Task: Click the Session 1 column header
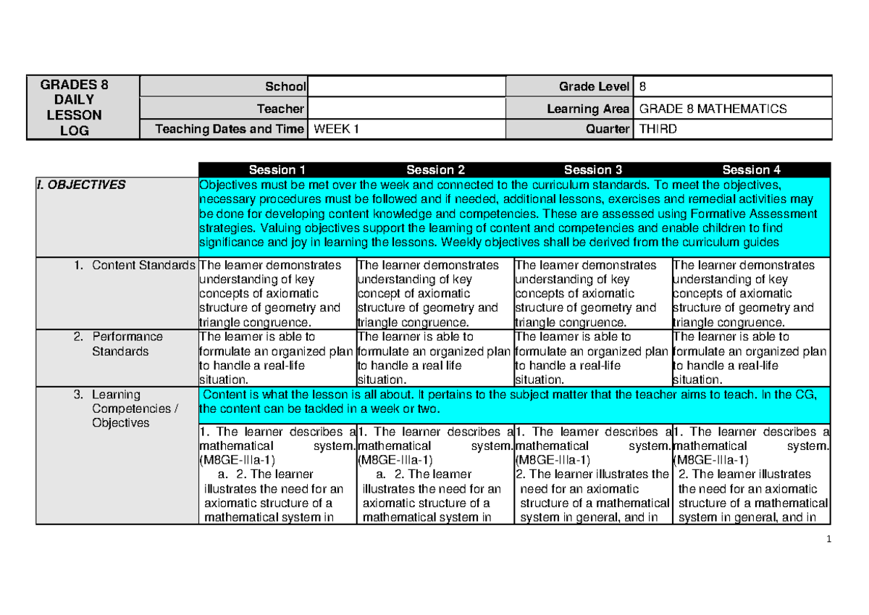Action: pos(277,170)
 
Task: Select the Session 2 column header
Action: pos(435,170)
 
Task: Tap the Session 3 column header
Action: pos(593,170)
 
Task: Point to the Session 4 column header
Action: pos(751,170)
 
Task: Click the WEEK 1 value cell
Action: pos(407,130)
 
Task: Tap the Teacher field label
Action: pos(282,109)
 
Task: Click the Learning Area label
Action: pos(588,109)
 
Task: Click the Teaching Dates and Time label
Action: pos(230,130)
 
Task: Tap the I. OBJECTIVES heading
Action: pos(81,185)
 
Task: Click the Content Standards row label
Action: pos(143,265)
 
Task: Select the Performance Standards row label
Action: pos(127,344)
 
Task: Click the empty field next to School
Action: pos(407,87)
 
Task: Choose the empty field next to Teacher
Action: pos(407,109)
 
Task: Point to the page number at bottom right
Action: pos(835,539)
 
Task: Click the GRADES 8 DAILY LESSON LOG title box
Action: pos(75,107)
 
